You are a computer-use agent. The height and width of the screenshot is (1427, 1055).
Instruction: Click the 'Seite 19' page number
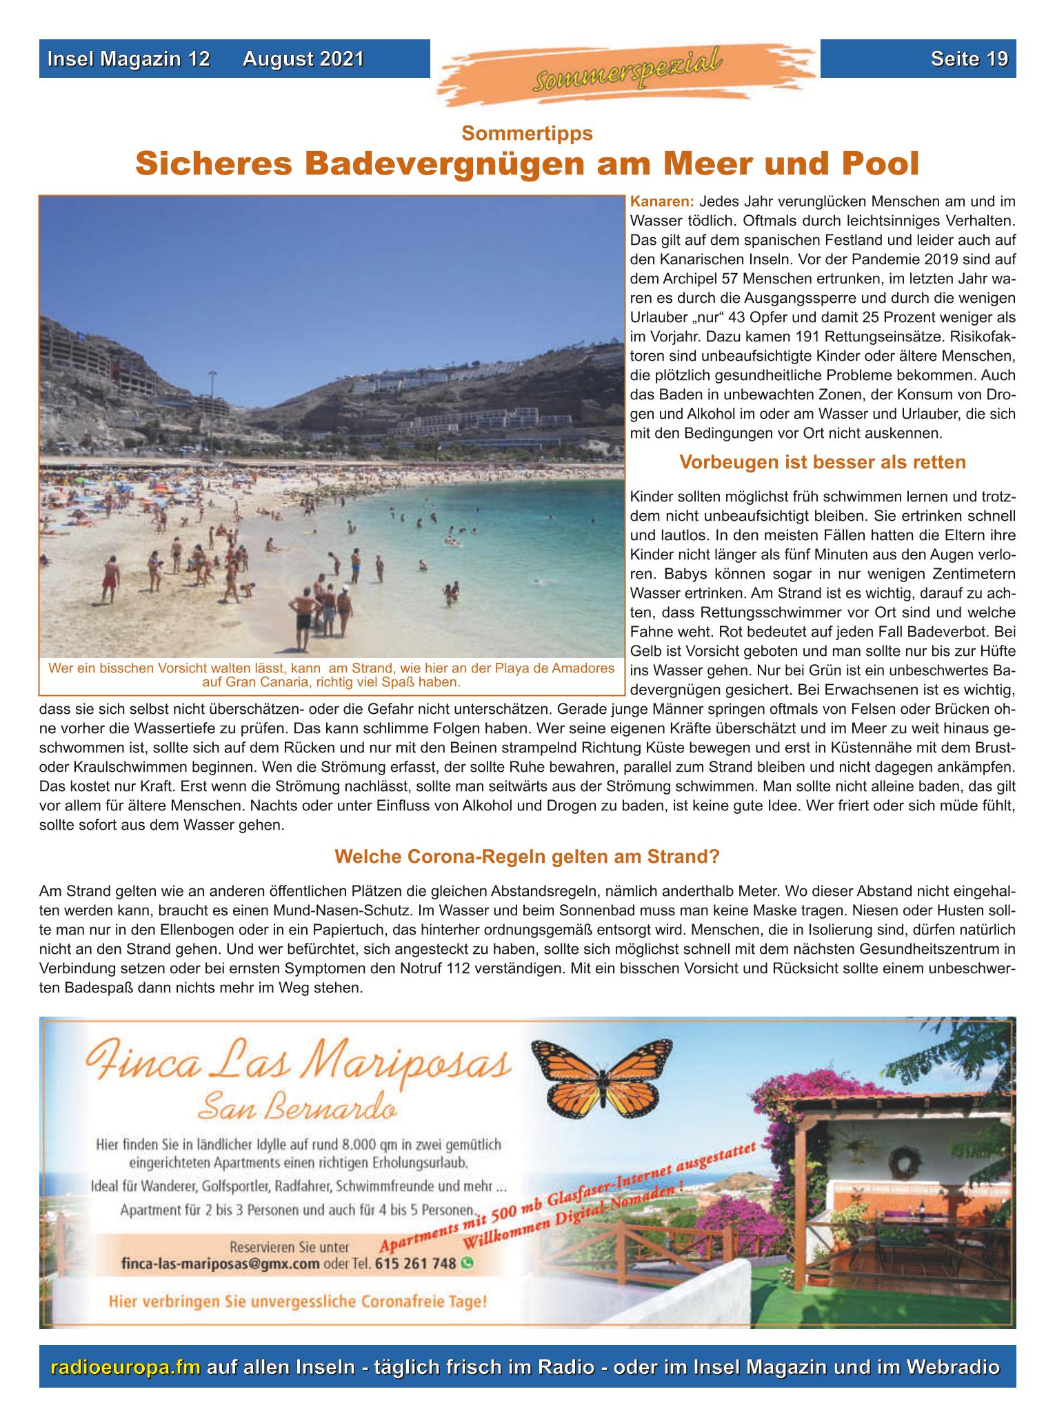point(968,59)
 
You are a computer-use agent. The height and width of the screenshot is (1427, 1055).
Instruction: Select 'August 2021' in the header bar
point(303,59)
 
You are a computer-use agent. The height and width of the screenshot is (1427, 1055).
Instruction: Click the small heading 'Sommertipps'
point(527,132)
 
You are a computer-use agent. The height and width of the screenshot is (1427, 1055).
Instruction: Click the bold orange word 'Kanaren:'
point(661,203)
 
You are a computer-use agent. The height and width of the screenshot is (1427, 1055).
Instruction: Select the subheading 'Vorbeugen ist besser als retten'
point(822,462)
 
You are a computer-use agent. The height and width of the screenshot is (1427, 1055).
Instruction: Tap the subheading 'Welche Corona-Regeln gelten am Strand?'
point(527,857)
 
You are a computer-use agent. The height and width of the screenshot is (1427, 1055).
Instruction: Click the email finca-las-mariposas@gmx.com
point(220,1264)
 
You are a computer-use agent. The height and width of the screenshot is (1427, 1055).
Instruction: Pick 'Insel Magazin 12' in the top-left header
point(128,59)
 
